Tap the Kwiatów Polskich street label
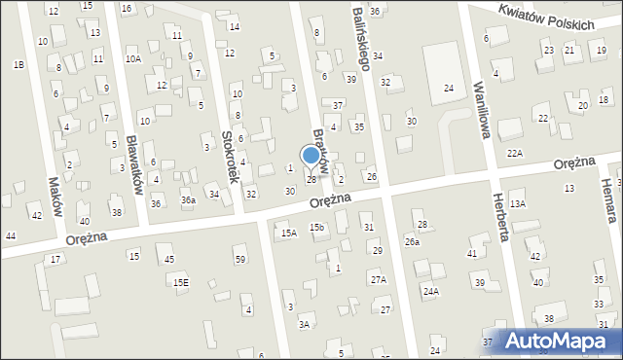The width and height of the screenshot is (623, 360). click(544, 18)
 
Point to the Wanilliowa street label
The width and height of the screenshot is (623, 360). click(479, 108)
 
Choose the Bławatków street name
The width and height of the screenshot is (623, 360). click(136, 164)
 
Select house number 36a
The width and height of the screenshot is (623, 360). click(188, 200)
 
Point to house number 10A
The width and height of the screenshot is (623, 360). click(133, 59)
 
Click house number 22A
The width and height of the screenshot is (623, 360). click(515, 154)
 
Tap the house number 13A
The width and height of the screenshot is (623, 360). click(518, 203)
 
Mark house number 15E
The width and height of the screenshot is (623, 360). click(182, 282)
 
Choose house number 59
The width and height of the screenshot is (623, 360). click(239, 258)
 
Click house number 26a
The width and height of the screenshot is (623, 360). click(413, 241)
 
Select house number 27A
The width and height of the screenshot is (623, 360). click(378, 279)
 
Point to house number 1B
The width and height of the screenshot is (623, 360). click(18, 64)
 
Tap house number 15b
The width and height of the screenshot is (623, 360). click(316, 227)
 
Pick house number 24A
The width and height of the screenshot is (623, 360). click(430, 291)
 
